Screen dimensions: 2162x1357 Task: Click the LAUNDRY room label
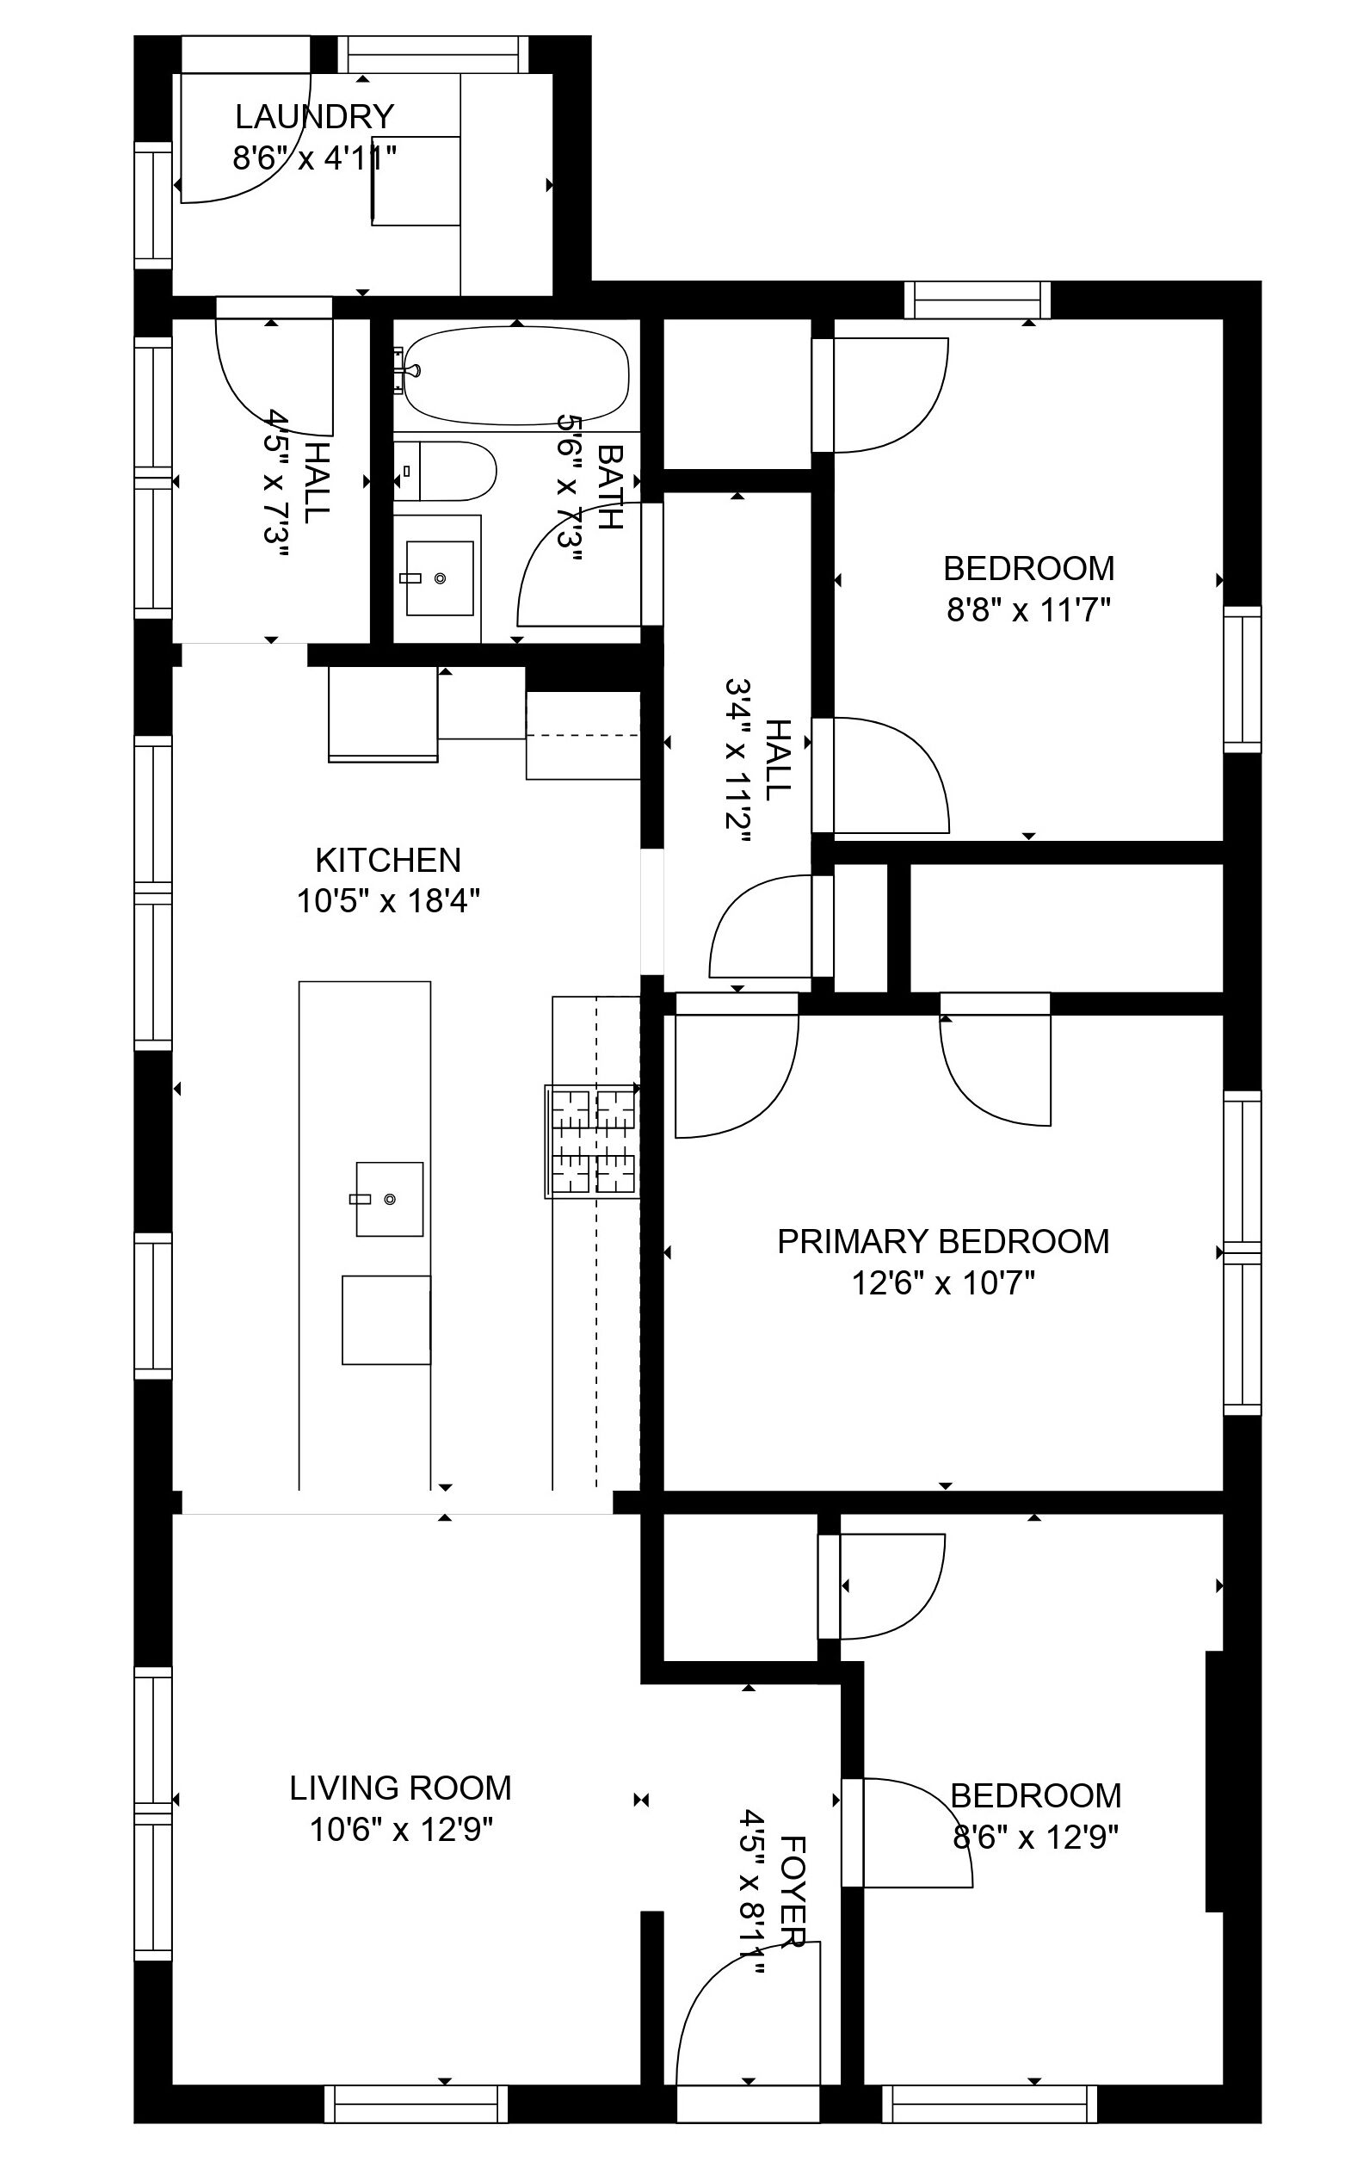314,117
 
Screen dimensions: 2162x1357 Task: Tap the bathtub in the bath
515,375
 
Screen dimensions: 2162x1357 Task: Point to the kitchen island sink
389,1198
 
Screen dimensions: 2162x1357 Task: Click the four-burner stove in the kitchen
592,1140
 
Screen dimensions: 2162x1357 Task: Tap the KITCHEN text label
388,861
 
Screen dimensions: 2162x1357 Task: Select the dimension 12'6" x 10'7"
942,1283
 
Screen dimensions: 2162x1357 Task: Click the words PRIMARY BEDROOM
942,1241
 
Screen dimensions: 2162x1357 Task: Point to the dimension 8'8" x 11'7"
1028,610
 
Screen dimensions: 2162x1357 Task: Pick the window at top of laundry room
433,54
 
